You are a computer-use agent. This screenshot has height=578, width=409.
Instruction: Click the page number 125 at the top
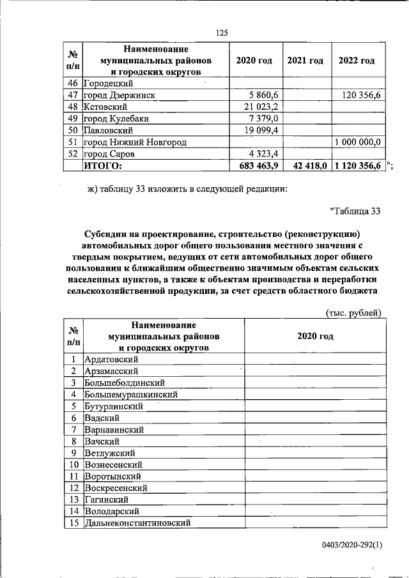pos(222,33)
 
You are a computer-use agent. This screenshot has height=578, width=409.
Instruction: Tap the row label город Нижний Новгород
pos(135,142)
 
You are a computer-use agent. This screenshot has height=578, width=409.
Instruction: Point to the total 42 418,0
pos(307,165)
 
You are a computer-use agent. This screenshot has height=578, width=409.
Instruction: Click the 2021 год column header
pos(305,61)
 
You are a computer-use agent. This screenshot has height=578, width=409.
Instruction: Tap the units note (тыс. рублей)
pos(353,312)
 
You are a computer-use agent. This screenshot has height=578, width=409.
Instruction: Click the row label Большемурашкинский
pos(130,394)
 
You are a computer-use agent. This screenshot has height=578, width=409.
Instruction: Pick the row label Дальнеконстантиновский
pos(138,522)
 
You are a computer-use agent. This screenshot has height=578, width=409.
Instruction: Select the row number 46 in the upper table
pos(72,83)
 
